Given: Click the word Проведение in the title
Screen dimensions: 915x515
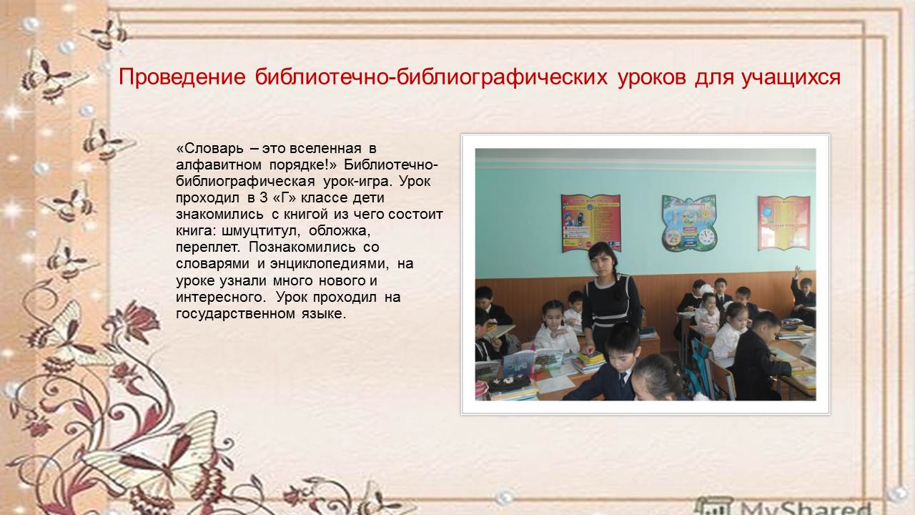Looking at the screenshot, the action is click(x=182, y=77).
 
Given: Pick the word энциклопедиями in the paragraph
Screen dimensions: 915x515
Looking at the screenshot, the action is click(x=328, y=264).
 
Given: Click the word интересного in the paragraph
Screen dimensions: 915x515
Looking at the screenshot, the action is click(x=221, y=297).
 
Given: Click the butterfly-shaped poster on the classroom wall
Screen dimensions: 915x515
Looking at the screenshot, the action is click(x=689, y=223).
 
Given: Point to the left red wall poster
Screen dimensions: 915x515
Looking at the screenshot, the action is click(x=591, y=222).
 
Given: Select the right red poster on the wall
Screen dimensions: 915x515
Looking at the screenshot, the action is click(x=784, y=222).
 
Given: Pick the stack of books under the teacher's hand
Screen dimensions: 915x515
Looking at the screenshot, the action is click(x=588, y=362).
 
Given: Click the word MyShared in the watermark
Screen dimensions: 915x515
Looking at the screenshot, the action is click(x=806, y=508).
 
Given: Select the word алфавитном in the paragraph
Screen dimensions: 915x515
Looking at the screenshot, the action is click(x=219, y=165).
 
